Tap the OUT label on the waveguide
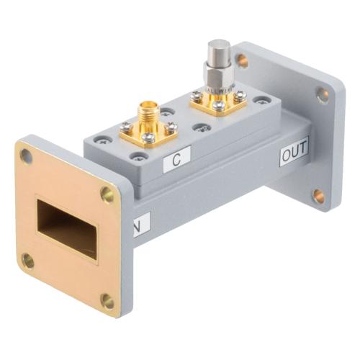pyautogui.click(x=294, y=153)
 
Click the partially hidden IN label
pyautogui.click(x=137, y=230)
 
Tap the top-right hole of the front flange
pyautogui.click(x=107, y=193)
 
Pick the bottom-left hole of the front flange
pyautogui.click(x=28, y=260)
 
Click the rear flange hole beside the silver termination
pyautogui.click(x=242, y=61)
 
